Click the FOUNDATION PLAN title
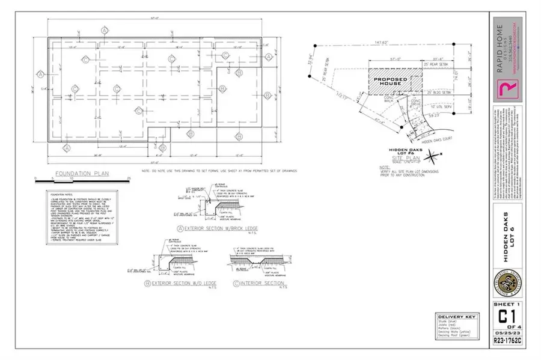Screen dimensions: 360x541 pos(82,174)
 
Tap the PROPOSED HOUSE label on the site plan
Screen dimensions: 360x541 pos(390,82)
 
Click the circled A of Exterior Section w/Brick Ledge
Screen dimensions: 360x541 pos(180,228)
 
